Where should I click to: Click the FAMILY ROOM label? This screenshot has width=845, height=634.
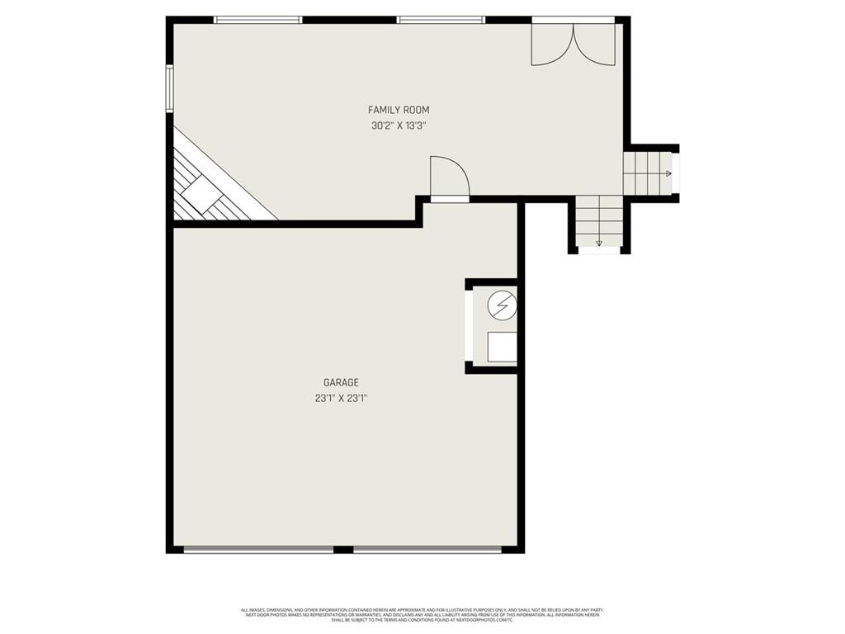click(399, 110)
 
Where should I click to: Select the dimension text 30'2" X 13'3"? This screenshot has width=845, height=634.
click(399, 126)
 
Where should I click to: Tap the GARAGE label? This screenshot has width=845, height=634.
click(341, 382)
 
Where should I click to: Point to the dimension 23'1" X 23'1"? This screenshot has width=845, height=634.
click(341, 398)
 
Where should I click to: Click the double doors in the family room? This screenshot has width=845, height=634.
click(573, 43)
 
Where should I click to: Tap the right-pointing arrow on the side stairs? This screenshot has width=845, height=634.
click(668, 173)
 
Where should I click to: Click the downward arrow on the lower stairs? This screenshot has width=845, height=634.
click(599, 243)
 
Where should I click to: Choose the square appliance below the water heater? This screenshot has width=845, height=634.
click(501, 347)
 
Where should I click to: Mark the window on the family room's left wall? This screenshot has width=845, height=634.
click(169, 88)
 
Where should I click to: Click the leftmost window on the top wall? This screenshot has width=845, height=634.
click(257, 20)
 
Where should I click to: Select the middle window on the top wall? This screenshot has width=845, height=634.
click(441, 20)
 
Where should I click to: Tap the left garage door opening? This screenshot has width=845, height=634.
click(258, 549)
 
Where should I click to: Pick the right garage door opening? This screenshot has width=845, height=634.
click(427, 549)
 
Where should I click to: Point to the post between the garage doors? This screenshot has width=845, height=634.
click(343, 549)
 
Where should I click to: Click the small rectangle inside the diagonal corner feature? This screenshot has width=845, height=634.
click(199, 196)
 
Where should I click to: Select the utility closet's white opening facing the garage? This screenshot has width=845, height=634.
click(469, 326)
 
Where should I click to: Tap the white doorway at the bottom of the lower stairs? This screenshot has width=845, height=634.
click(599, 250)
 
